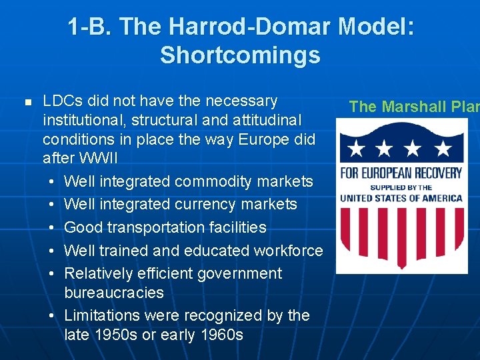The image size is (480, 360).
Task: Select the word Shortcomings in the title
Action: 240,55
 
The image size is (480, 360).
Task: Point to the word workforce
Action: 288,251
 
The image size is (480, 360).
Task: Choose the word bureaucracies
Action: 114,293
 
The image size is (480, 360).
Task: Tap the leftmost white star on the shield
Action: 356,148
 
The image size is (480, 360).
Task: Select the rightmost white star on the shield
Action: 443,148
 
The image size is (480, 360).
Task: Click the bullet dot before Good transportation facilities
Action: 52,228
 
